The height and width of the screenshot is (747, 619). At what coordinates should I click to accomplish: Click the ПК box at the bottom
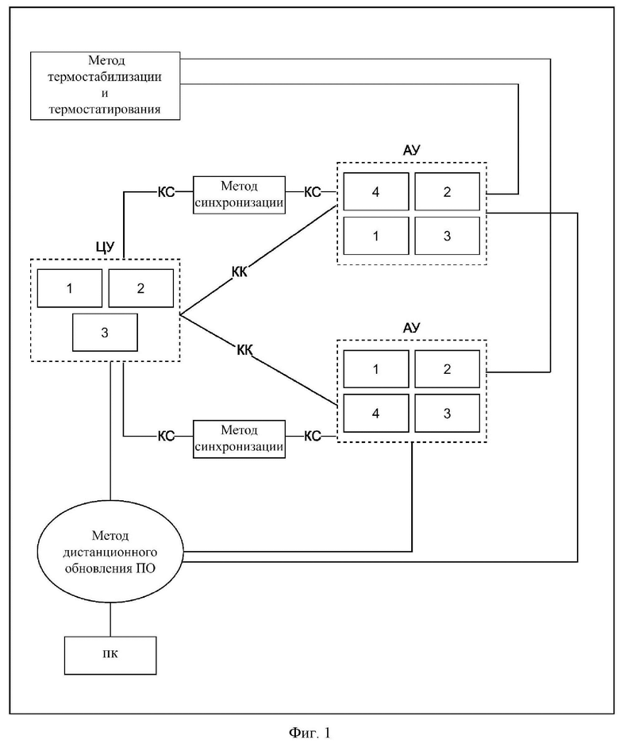[110, 655]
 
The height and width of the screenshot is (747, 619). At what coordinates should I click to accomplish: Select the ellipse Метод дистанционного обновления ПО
[110, 552]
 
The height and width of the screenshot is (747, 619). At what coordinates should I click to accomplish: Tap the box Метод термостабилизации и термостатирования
[106, 86]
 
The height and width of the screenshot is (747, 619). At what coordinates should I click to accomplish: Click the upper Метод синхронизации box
[239, 194]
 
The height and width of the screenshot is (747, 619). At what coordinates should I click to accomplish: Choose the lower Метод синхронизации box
[239, 439]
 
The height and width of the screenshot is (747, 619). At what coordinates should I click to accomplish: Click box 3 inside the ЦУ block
[105, 332]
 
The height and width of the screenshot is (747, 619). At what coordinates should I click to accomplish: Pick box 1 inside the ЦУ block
[70, 288]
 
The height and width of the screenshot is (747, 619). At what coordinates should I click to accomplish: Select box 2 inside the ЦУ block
[141, 288]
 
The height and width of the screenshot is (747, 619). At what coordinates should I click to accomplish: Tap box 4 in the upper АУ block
[376, 191]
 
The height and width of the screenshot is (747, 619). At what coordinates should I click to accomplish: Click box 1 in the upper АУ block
[376, 236]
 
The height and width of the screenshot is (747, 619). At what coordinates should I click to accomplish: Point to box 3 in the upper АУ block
[447, 236]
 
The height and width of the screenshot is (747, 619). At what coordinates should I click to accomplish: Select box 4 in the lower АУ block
[376, 413]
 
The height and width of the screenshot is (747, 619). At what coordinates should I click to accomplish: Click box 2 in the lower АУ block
[447, 369]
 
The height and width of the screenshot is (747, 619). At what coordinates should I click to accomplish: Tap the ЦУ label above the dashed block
[106, 248]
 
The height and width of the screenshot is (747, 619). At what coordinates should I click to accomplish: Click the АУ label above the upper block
[412, 151]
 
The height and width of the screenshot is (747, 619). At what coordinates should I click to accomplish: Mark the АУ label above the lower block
[412, 328]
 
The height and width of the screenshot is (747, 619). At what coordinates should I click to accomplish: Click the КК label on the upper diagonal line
[240, 272]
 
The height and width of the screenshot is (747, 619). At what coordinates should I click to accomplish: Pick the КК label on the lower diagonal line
[244, 350]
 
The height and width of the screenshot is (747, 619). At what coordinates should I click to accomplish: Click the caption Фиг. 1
[309, 733]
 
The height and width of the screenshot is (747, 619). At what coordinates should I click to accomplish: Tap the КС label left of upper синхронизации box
[166, 192]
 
